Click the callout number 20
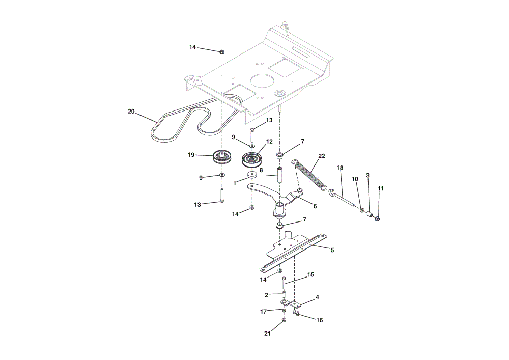[131, 112]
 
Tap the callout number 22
[321, 156]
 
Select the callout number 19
[191, 155]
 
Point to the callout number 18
[340, 168]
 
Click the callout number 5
[332, 251]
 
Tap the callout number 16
[320, 320]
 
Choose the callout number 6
[315, 206]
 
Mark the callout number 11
[381, 188]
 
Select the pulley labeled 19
[222, 157]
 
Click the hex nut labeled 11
[377, 219]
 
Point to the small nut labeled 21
[284, 320]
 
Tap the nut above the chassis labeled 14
[222, 51]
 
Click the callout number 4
[317, 297]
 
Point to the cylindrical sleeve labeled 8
[279, 175]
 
